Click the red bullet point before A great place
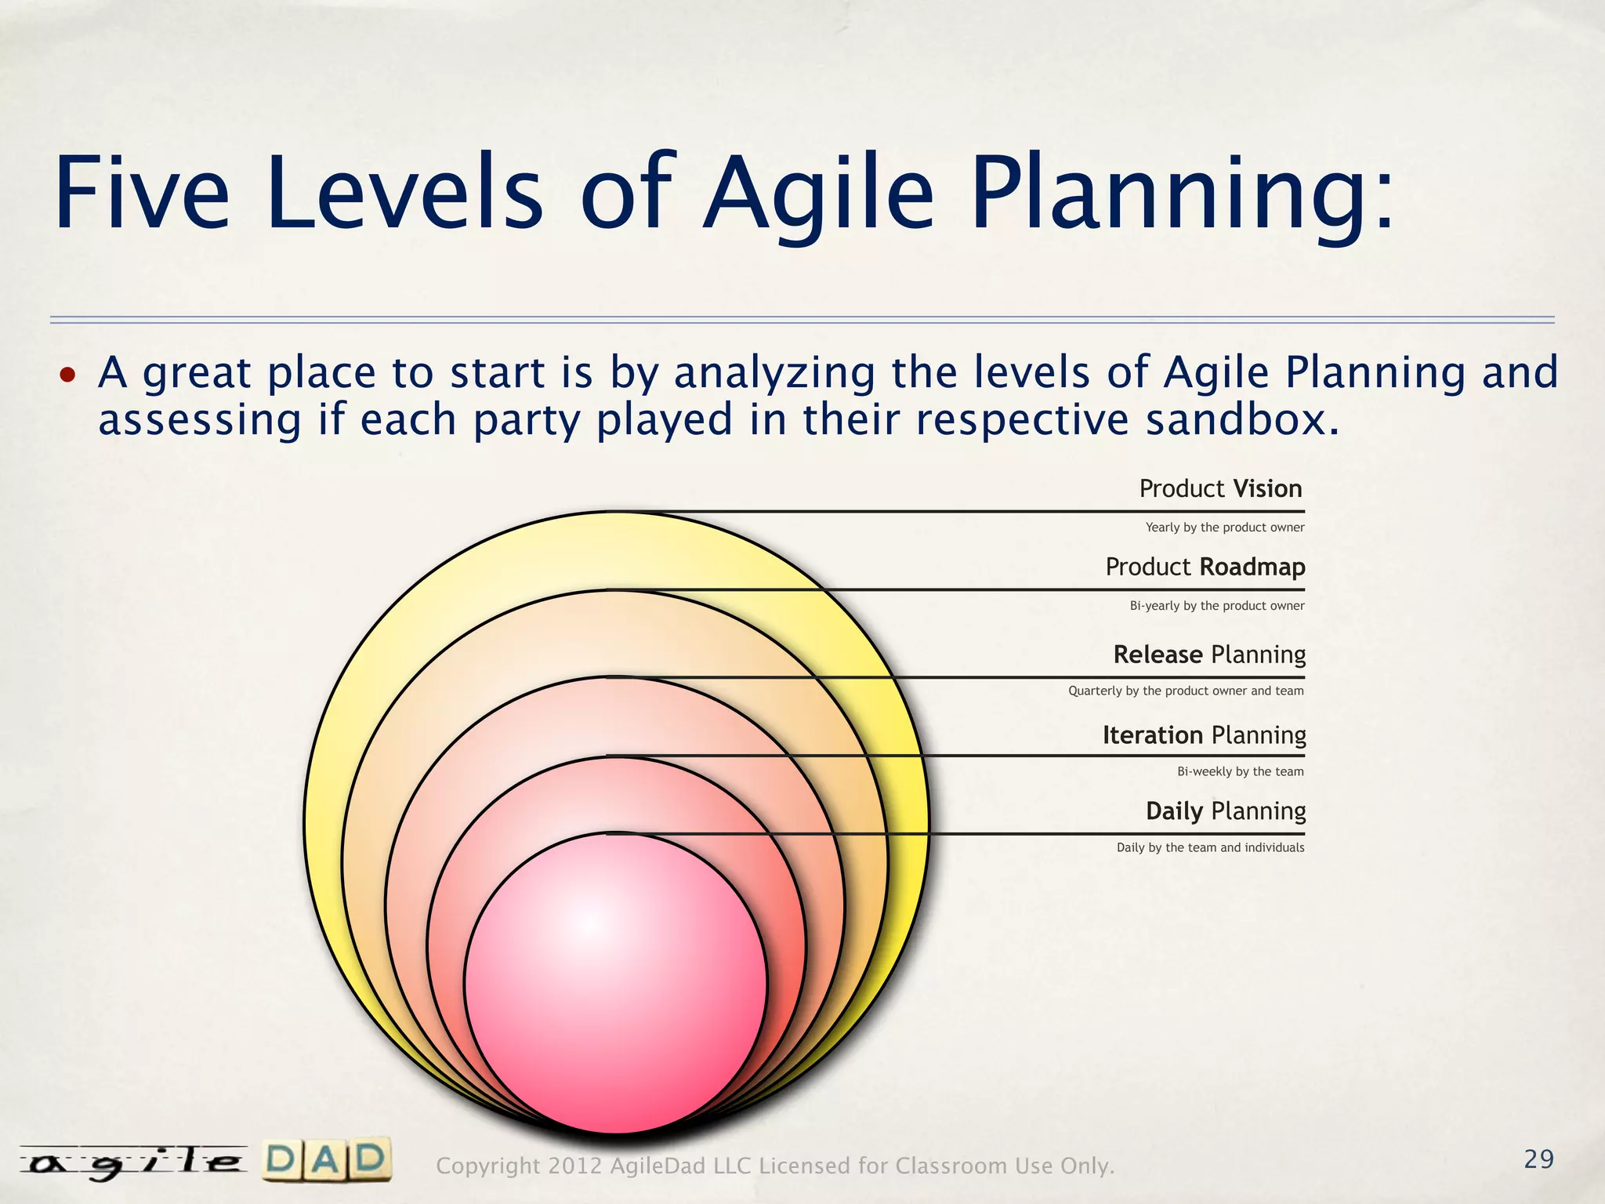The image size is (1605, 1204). [68, 375]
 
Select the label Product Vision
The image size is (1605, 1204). [1220, 489]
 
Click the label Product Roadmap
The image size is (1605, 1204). [1205, 567]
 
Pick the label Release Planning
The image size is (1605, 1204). [1209, 655]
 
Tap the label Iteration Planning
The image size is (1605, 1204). [1204, 735]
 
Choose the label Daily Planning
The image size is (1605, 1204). [1226, 811]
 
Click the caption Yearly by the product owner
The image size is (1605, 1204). [1224, 528]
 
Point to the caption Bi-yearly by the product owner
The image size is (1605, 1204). [1216, 606]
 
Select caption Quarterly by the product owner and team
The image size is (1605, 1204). [1186, 691]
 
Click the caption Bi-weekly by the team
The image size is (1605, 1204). [1240, 772]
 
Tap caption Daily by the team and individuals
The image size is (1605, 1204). [1210, 848]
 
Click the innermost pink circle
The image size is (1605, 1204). [615, 988]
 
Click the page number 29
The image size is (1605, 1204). [1538, 1159]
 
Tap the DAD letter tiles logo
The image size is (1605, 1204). [326, 1161]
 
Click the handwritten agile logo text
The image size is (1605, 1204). [133, 1163]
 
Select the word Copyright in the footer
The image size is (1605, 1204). [487, 1166]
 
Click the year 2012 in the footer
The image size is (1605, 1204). [574, 1166]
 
